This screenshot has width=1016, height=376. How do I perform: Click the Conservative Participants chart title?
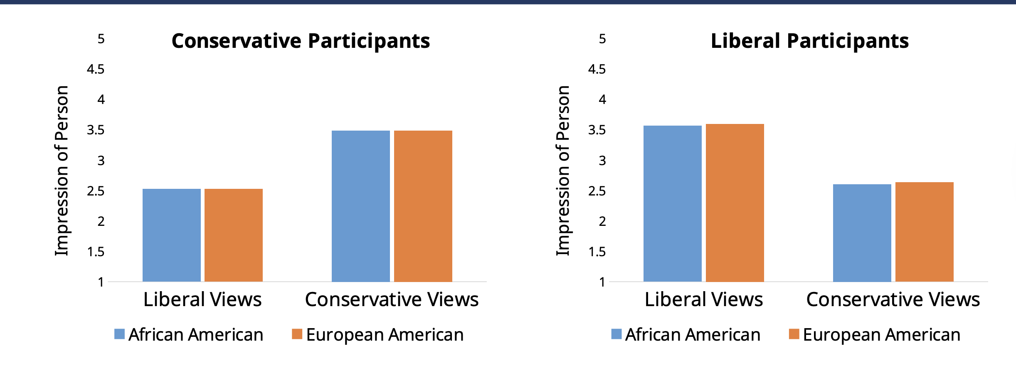[x=301, y=41]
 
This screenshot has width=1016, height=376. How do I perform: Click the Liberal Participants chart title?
[x=809, y=41]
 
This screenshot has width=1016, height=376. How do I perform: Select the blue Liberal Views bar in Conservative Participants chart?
[x=171, y=235]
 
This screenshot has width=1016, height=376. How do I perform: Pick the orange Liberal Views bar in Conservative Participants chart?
[x=234, y=235]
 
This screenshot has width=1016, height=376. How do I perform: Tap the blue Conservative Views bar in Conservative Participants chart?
[x=360, y=206]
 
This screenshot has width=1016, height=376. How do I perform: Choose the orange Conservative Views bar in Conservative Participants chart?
[x=423, y=206]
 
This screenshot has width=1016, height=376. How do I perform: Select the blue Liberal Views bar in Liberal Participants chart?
[x=672, y=203]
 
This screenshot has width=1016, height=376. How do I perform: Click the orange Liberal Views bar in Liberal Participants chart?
[x=735, y=203]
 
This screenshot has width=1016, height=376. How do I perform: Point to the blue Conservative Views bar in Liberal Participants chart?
[x=862, y=233]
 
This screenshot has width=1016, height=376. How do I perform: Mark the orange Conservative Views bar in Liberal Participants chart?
[x=924, y=232]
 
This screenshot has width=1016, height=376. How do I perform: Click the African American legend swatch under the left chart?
[x=119, y=334]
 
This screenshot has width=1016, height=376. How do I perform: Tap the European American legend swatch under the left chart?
[x=297, y=334]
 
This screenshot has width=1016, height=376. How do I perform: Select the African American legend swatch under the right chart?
[x=616, y=334]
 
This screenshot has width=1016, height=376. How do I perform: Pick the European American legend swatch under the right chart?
[x=794, y=334]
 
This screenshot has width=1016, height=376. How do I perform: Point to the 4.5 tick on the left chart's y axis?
[x=96, y=69]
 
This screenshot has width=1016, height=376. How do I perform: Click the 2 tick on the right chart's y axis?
[x=602, y=221]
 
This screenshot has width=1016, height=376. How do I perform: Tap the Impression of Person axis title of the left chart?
[x=62, y=171]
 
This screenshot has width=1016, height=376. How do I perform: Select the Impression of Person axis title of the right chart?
[x=563, y=171]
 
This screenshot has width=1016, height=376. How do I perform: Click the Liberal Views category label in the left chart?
[x=202, y=299]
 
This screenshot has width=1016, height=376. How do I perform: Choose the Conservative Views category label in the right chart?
[x=893, y=299]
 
